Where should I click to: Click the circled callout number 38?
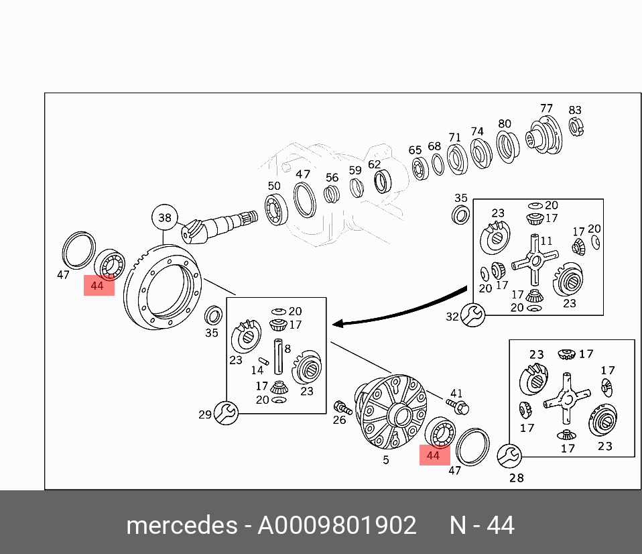165,217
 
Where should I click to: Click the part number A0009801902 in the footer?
337,525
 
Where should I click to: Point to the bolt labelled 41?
460,404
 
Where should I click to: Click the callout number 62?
374,164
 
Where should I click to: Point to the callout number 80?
505,124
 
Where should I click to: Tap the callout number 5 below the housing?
385,460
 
